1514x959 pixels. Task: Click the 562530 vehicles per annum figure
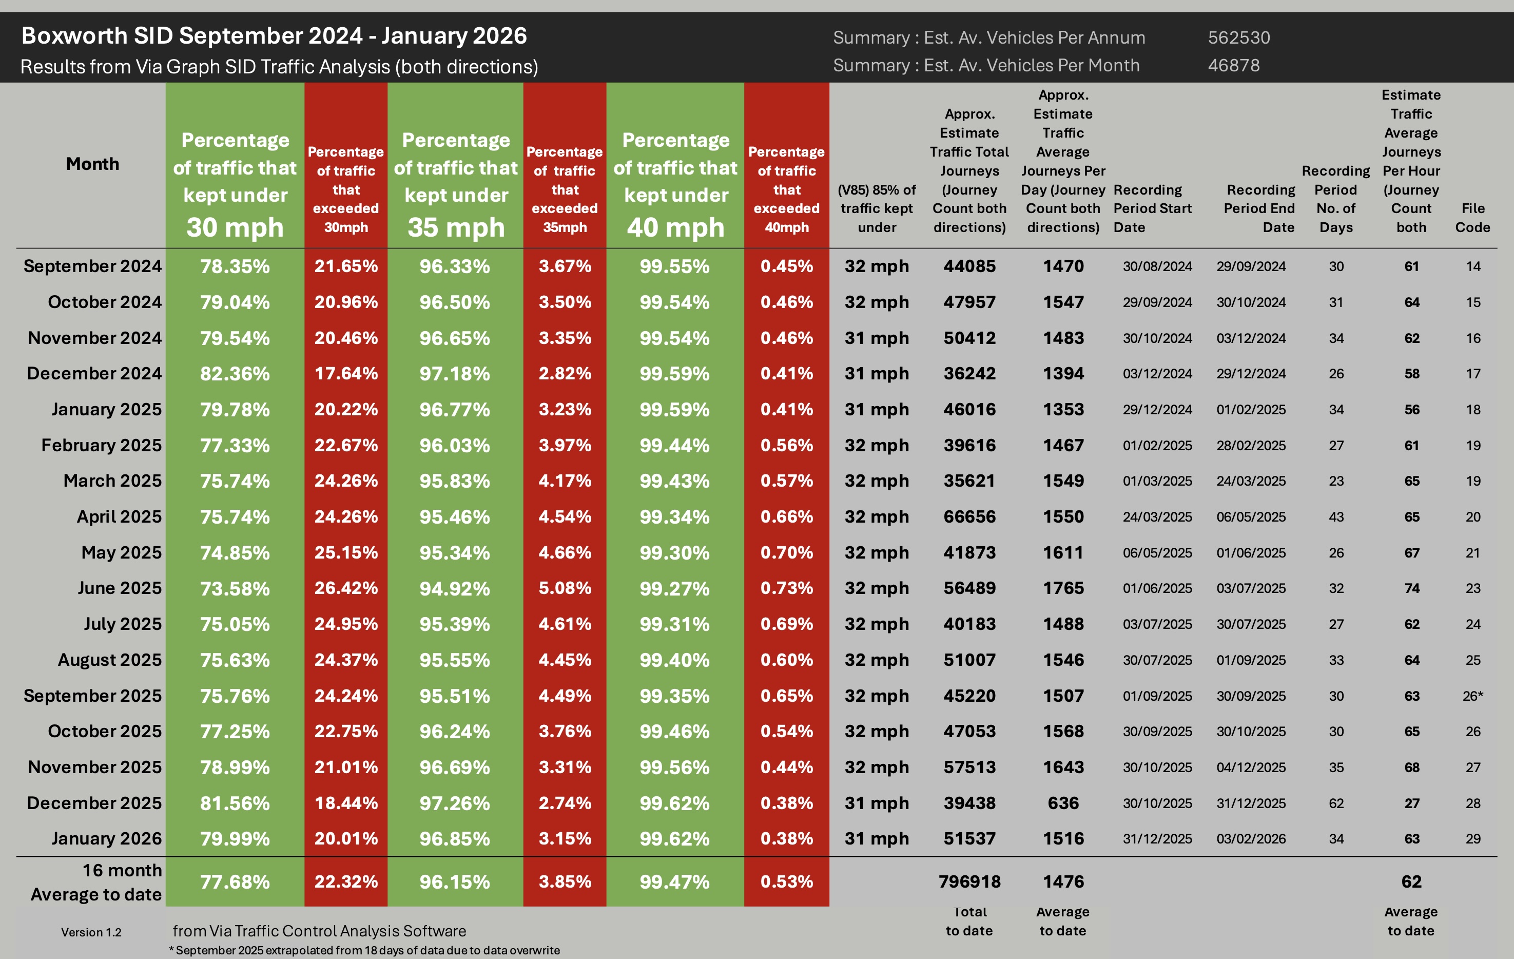coord(1238,37)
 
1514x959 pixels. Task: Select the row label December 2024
coord(94,374)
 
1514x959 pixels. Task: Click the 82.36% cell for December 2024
coord(235,374)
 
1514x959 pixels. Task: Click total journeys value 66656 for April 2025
coord(969,517)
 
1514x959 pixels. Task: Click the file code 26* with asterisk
coord(1472,696)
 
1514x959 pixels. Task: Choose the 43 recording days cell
coord(1336,517)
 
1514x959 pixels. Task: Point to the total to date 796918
coord(969,881)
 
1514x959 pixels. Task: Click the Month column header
coord(92,164)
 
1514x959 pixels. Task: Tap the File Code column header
coord(1472,218)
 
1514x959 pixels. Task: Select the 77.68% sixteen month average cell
coord(235,881)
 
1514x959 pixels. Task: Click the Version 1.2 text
coord(91,932)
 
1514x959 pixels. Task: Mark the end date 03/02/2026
coord(1251,839)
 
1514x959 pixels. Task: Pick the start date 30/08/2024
coord(1157,266)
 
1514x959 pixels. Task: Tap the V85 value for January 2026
coord(877,839)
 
